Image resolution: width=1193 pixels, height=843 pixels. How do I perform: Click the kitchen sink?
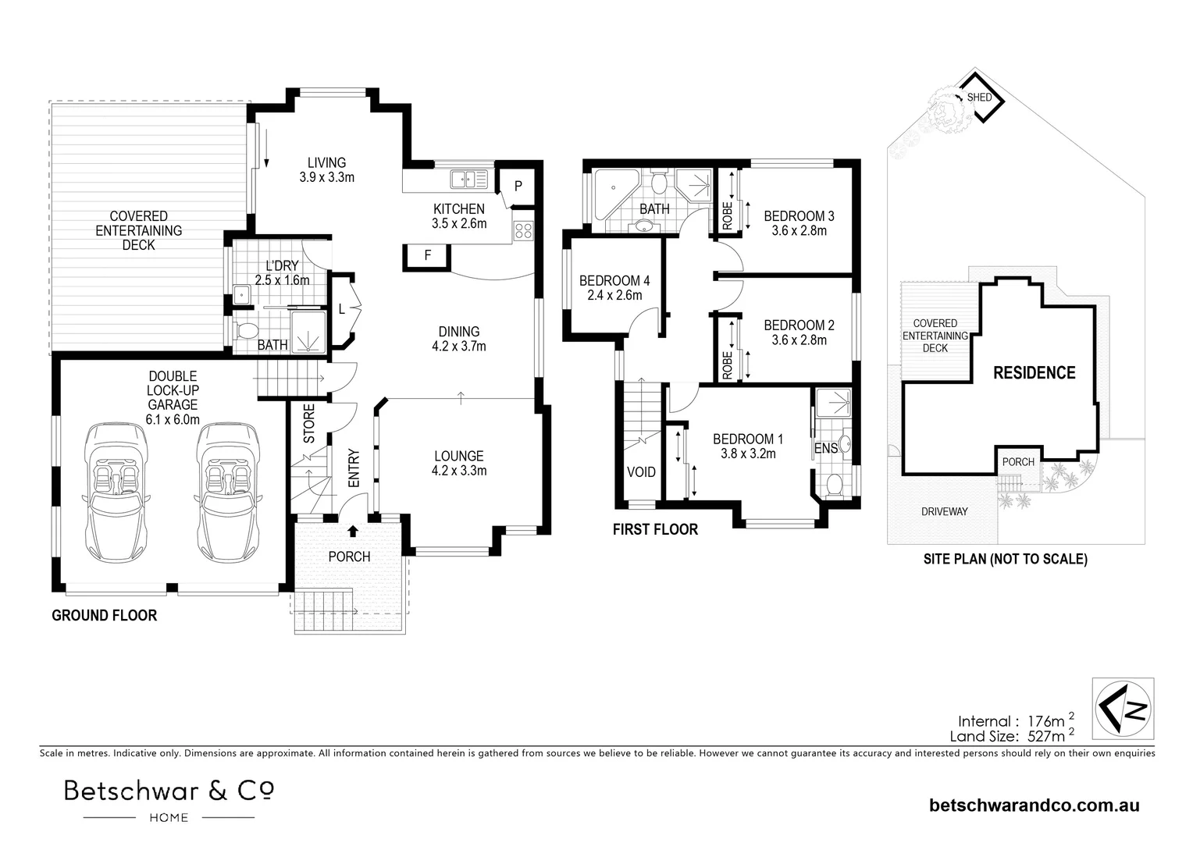(468, 180)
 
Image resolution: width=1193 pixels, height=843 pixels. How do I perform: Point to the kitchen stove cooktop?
(523, 231)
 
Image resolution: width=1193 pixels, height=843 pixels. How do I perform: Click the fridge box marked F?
(427, 255)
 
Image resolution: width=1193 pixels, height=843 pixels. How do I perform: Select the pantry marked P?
(518, 186)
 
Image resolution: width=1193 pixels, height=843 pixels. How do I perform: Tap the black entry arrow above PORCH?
(352, 532)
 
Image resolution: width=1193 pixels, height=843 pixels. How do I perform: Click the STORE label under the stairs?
(309, 424)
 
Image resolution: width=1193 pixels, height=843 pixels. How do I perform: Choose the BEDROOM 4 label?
(614, 281)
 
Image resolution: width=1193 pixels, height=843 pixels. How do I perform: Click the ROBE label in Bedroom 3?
(727, 215)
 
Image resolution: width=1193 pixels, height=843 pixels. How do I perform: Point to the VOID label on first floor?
(642, 472)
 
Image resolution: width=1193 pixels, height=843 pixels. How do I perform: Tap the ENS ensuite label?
(825, 449)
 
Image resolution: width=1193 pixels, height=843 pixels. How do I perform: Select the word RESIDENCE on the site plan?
(1034, 373)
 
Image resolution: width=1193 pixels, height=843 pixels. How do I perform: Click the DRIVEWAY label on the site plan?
(944, 511)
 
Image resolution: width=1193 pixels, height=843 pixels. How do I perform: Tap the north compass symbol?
(1123, 708)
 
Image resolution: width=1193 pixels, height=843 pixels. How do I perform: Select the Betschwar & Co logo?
(169, 799)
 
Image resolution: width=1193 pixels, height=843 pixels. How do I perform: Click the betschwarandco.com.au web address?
(1034, 806)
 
